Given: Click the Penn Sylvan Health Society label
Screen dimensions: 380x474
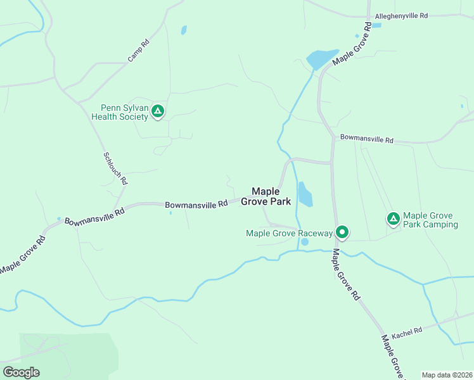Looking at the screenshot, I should coord(120,112).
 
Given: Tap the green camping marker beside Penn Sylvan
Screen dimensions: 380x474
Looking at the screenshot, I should coord(158,112).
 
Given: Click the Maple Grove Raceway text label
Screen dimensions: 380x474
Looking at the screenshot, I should coord(289,233).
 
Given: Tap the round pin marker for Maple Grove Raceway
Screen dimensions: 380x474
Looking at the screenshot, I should coord(342,232).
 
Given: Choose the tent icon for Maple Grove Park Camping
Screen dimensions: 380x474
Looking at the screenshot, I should coord(393,219).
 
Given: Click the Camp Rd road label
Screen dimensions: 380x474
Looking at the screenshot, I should coord(138,51).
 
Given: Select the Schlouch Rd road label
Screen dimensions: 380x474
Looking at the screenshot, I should coord(115,168).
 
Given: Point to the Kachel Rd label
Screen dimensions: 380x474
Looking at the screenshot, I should coord(407,332).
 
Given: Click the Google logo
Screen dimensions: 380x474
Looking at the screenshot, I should coord(21,372).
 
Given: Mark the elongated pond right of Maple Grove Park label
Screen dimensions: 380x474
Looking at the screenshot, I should coord(305,194).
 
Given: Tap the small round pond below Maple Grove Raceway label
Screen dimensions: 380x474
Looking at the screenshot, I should coord(305,242).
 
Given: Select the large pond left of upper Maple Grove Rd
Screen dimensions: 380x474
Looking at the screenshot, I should coord(322,59).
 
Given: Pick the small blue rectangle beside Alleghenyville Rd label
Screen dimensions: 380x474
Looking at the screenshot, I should coord(377,25).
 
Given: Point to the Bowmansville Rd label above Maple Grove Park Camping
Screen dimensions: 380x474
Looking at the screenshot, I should coord(367,139).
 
